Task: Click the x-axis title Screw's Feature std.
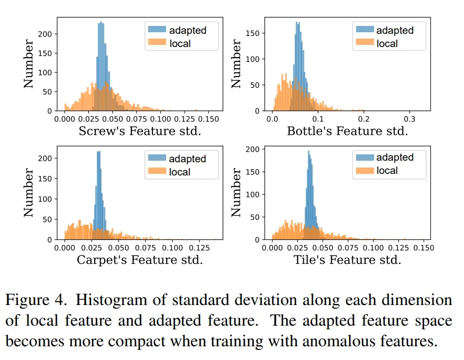pos(140,131)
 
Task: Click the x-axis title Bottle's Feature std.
pos(347,131)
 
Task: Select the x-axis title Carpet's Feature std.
pos(140,260)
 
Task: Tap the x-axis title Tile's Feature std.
pos(347,260)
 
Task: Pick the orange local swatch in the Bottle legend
pos(364,43)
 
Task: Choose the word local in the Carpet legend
pos(180,171)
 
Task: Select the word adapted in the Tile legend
pos(395,158)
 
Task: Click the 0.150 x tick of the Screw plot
pos(198,120)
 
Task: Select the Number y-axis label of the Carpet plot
pos(29,193)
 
